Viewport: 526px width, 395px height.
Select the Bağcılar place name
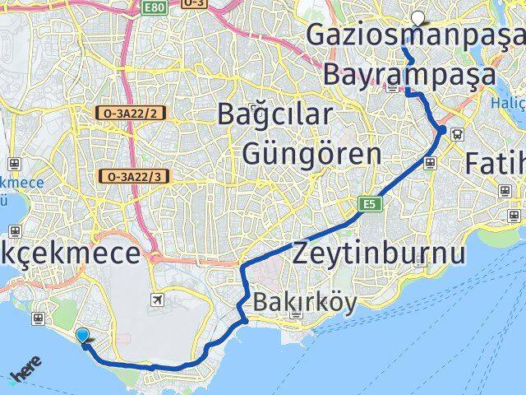click(275, 114)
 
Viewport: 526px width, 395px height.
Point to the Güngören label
click(311, 154)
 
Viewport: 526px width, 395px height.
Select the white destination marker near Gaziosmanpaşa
click(419, 17)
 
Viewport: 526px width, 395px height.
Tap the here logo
click(24, 374)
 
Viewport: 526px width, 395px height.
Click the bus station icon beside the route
click(457, 137)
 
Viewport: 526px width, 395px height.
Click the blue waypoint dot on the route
click(442, 130)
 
